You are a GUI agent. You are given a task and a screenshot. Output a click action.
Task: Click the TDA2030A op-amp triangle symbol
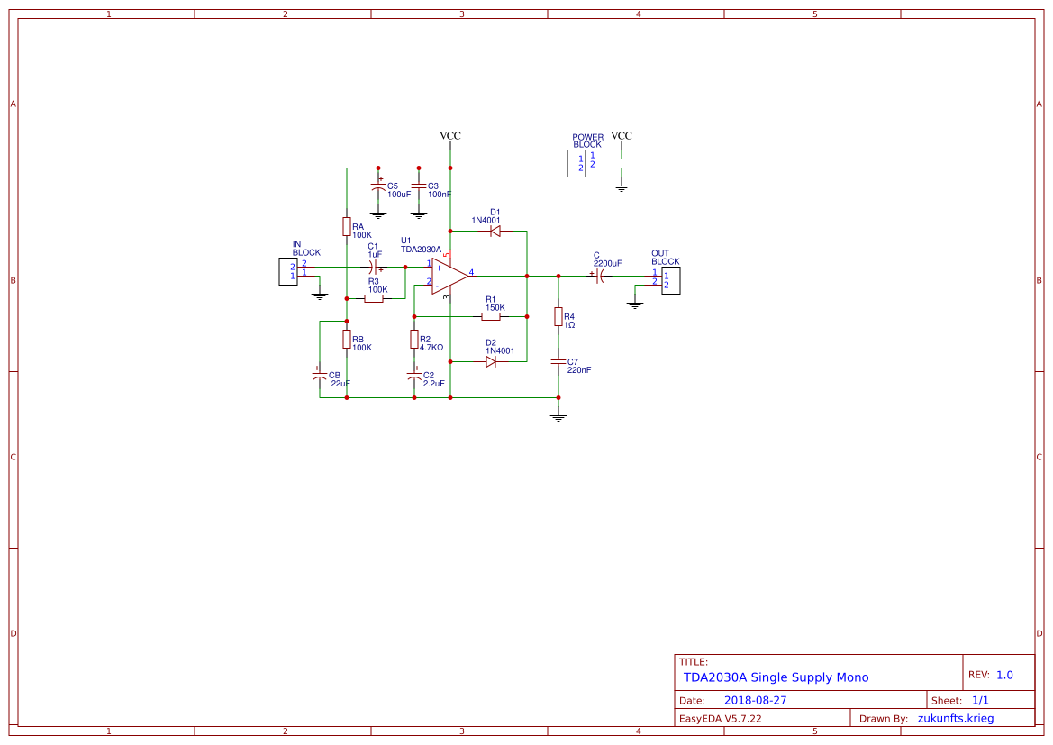(x=449, y=275)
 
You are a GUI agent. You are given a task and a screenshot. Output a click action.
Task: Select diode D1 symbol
(x=495, y=231)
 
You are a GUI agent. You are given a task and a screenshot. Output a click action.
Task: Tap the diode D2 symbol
(x=491, y=361)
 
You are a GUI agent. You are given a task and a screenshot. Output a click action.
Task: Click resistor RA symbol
(x=347, y=226)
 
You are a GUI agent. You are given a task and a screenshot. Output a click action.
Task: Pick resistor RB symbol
(x=347, y=339)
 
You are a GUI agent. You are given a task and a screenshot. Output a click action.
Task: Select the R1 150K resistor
(x=491, y=316)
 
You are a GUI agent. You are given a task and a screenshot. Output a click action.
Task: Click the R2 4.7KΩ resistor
(x=414, y=339)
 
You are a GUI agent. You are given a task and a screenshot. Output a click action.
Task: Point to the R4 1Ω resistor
(x=558, y=316)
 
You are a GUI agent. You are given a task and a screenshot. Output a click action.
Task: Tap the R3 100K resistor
(x=374, y=298)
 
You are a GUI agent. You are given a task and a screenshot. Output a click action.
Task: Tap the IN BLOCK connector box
(x=287, y=271)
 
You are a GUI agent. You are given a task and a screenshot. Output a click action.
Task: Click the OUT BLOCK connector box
(x=671, y=280)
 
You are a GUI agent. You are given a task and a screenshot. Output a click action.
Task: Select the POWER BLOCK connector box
(x=576, y=163)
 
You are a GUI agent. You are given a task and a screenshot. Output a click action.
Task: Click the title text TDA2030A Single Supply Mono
(x=776, y=677)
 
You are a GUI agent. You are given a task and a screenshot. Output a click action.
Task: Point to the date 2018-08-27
(x=755, y=700)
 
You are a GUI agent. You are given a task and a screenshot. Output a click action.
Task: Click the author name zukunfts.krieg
(x=962, y=719)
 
